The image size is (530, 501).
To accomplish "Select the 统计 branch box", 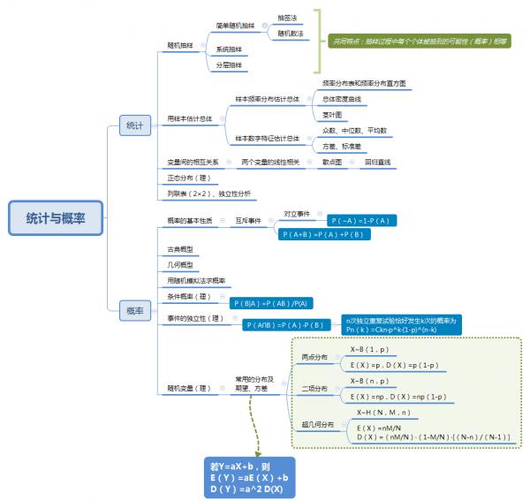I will (134, 126).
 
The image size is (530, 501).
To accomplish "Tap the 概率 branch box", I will (134, 310).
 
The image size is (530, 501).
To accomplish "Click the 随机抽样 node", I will (180, 43).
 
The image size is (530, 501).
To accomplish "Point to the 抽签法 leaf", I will (288, 17).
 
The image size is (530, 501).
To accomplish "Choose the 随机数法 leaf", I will (290, 34).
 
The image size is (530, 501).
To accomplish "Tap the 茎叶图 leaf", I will (331, 115).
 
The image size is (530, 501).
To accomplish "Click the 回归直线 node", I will (378, 163).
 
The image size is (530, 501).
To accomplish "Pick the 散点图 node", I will (331, 163).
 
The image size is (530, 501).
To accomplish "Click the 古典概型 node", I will (180, 249).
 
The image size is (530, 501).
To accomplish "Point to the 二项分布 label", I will (314, 389).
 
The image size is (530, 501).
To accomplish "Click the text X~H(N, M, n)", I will (382, 412).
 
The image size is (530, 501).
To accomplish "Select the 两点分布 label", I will (314, 357).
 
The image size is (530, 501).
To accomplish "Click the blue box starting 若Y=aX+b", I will (248, 477).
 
